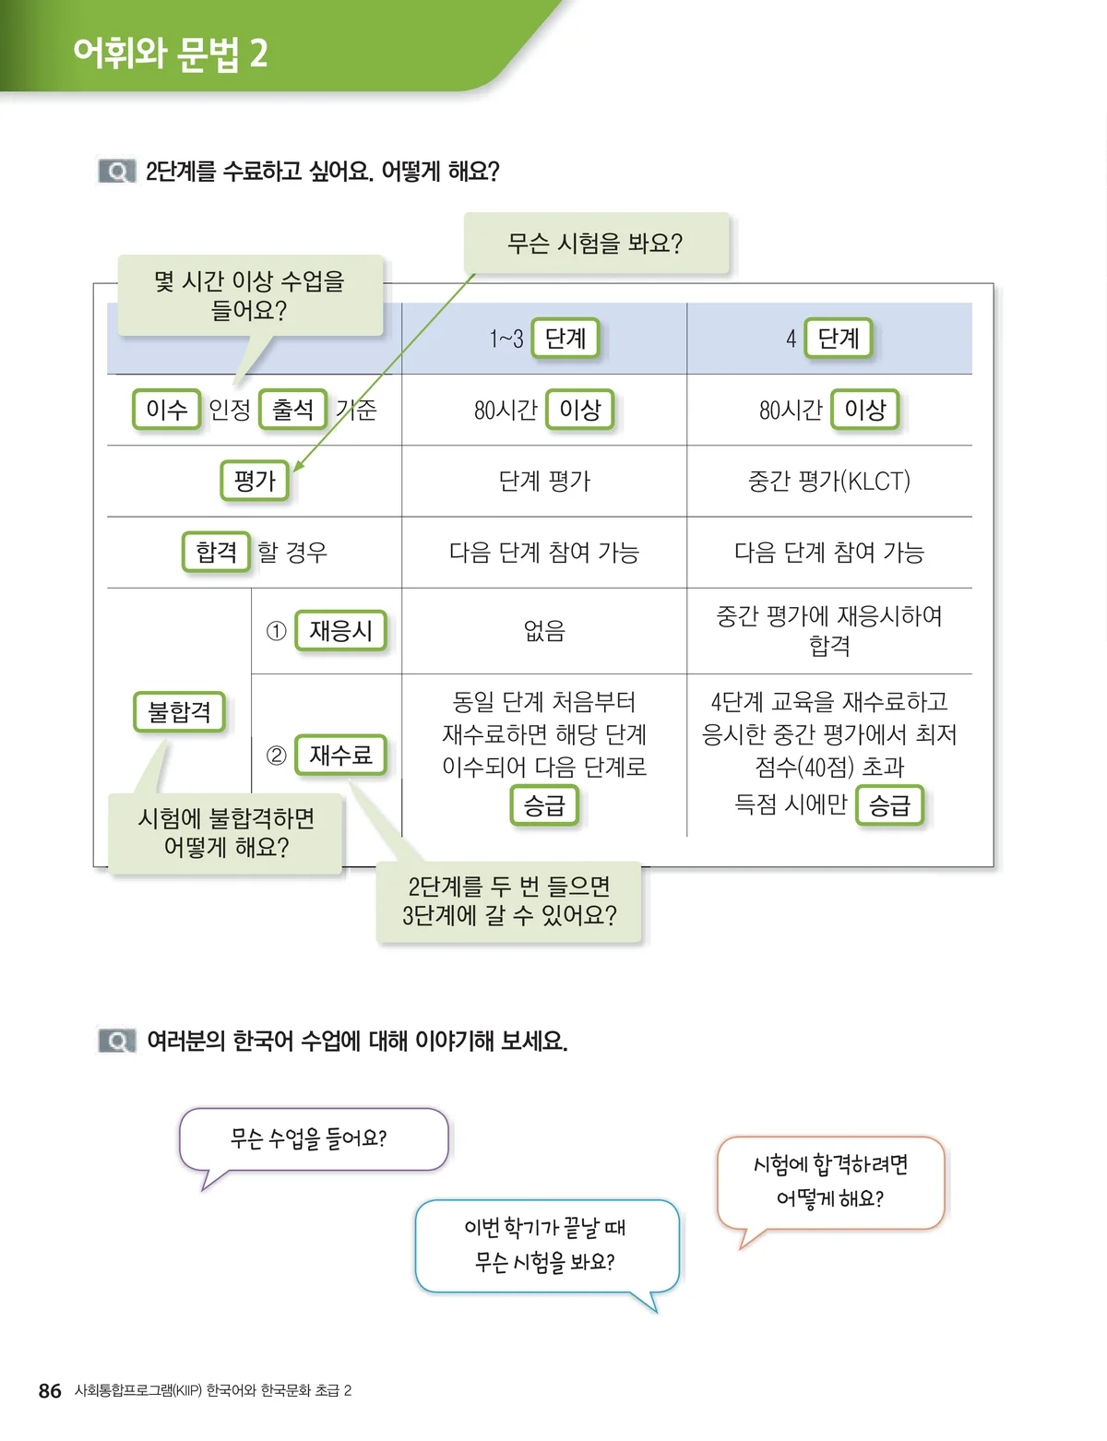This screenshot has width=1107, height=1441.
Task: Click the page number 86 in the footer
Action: coord(50,1390)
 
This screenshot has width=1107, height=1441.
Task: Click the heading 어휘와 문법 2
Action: coord(171,54)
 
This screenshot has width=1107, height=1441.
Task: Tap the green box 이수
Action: coord(166,410)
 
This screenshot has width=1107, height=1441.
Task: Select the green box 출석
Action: coord(293,410)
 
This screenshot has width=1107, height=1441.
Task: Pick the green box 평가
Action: coord(255,480)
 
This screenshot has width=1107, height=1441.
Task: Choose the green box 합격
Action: coord(216,552)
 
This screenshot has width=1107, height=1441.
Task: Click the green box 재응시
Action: coord(340,630)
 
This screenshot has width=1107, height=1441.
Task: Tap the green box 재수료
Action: coord(340,755)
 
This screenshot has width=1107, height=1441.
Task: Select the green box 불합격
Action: coord(180,712)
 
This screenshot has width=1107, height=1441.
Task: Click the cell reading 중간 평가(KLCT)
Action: coord(829,481)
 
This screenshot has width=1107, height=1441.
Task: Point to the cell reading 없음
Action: coord(544,631)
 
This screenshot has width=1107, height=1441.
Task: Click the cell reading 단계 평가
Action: coord(544,481)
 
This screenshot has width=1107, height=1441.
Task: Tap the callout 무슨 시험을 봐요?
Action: coord(596,243)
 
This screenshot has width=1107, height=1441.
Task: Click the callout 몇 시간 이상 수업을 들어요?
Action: coord(250,296)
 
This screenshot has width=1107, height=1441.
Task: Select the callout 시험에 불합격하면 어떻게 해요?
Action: coord(225,833)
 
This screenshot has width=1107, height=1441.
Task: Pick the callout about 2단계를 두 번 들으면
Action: coord(508,901)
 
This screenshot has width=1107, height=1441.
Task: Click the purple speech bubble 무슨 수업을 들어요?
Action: coord(314,1139)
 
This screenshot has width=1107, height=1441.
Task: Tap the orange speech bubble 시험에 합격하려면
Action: coord(830,1183)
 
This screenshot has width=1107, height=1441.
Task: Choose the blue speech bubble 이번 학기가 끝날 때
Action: coord(547,1245)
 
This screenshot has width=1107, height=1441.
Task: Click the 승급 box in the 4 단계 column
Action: coord(889,805)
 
